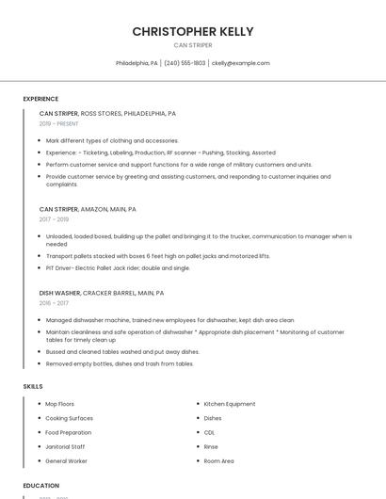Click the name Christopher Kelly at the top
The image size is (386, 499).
pyautogui.click(x=192, y=31)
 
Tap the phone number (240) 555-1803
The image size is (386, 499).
pyautogui.click(x=185, y=63)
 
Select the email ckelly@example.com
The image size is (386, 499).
pyautogui.click(x=240, y=63)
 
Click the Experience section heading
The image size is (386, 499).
pyautogui.click(x=40, y=99)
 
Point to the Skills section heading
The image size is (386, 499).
pyautogui.click(x=32, y=386)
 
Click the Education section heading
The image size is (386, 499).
pyautogui.click(x=40, y=486)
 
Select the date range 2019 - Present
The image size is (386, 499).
pyautogui.click(x=59, y=123)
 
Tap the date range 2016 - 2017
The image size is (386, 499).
pyautogui.click(x=54, y=303)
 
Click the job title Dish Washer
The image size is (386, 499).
pyautogui.click(x=60, y=293)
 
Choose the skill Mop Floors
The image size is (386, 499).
pyautogui.click(x=60, y=404)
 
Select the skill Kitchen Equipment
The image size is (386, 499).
pyautogui.click(x=230, y=404)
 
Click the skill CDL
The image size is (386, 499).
pyautogui.click(x=209, y=432)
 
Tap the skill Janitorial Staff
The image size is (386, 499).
pyautogui.click(x=65, y=446)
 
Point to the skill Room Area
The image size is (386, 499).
pyautogui.click(x=219, y=461)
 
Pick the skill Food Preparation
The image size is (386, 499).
pyautogui.click(x=69, y=432)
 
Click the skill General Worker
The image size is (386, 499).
pyautogui.click(x=66, y=461)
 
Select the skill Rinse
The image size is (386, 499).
pyautogui.click(x=211, y=446)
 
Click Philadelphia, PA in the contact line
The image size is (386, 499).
pyautogui.click(x=137, y=63)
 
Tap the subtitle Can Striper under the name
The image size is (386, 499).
pyautogui.click(x=192, y=45)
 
